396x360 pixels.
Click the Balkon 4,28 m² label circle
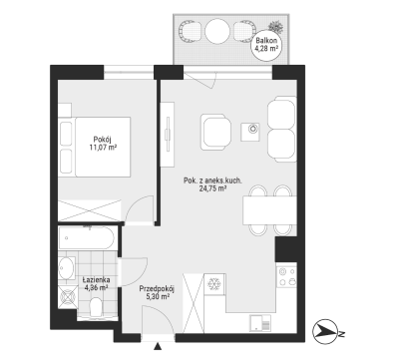pos(266,44)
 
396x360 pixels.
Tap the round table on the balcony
pos(217,31)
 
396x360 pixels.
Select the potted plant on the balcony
pos(276,26)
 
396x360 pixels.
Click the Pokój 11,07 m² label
pos(103,144)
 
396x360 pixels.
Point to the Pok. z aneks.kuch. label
pos(212,181)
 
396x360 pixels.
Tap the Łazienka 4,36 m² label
pos(96,283)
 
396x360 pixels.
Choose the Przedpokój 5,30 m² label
pos(157,292)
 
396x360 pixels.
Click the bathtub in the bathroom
pos(88,238)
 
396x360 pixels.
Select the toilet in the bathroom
pos(96,307)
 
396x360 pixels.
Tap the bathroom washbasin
pos(67,267)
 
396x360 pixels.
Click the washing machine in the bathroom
pos(68,296)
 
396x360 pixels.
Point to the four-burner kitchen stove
pos(286,277)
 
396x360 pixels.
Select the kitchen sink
pos(260,323)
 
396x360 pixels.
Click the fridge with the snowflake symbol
pos(215,284)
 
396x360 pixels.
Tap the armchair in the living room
pos(215,132)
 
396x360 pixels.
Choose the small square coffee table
pos(250,132)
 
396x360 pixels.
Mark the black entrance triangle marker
pos(158,347)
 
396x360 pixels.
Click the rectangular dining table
pos(269,210)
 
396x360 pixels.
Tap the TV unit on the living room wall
pos(167,135)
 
